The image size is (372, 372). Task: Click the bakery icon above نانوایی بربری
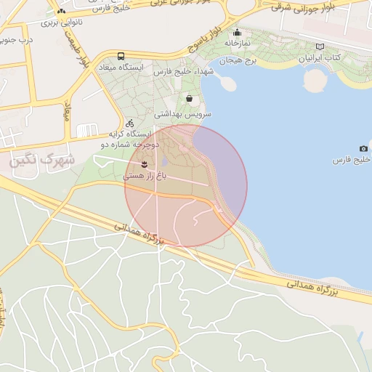(x=61, y=12)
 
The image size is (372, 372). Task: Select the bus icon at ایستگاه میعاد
(x=121, y=56)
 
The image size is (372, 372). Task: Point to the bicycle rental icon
(x=129, y=123)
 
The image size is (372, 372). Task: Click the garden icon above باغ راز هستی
(x=145, y=163)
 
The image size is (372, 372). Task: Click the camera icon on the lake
(x=363, y=148)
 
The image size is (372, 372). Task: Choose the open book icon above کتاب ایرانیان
(x=320, y=46)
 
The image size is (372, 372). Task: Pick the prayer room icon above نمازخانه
(x=237, y=32)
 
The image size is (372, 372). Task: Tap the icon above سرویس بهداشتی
(x=190, y=98)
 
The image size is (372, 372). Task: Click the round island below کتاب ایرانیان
(x=315, y=79)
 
